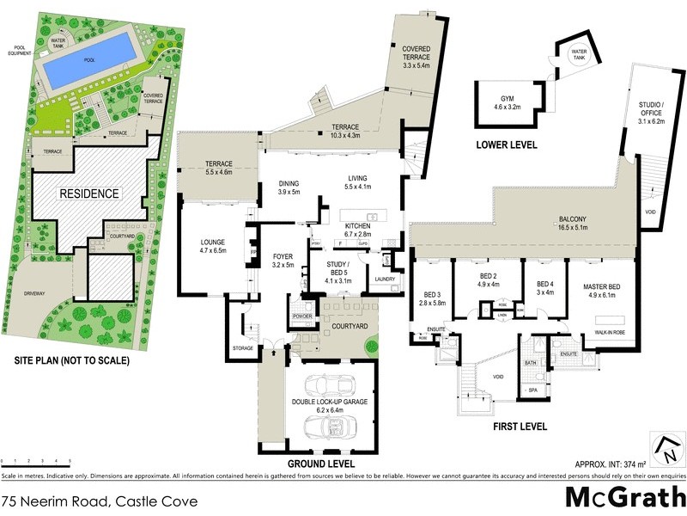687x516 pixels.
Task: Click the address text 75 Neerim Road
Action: click(100, 501)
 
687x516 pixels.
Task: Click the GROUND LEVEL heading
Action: click(321, 464)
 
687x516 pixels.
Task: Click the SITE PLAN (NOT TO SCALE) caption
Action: click(66, 360)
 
